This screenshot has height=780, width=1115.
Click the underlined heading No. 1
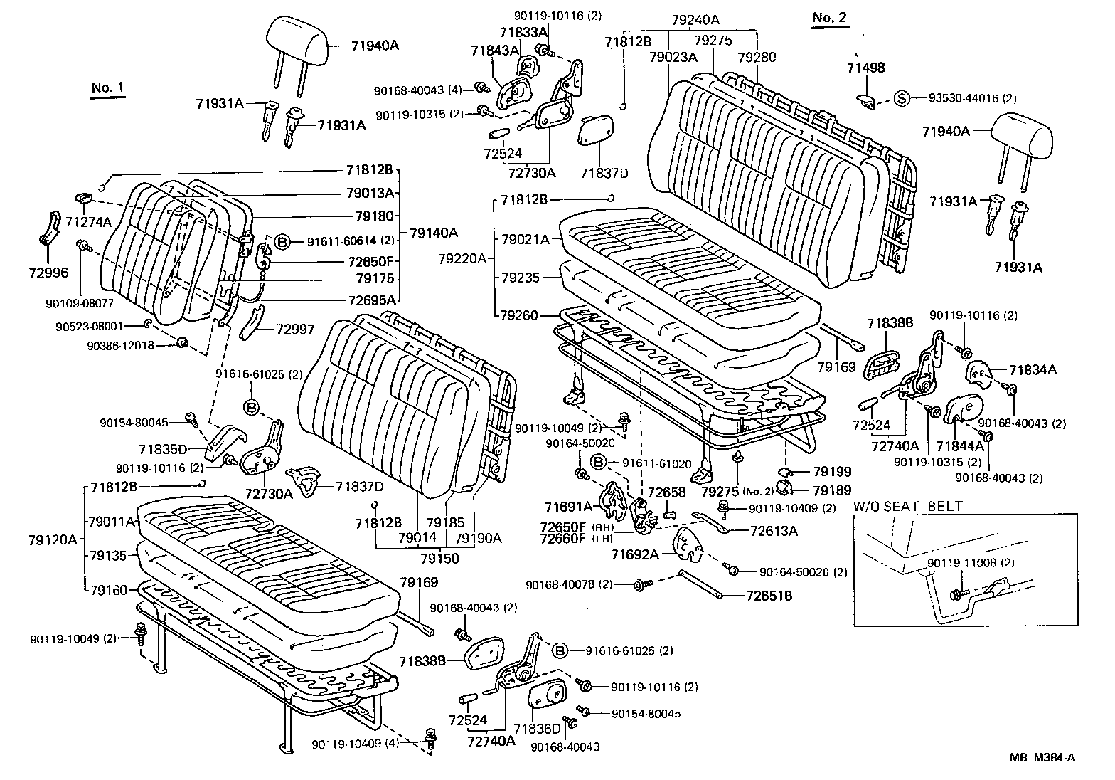107,88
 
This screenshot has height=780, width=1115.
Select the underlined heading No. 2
830,18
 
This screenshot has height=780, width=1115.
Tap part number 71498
865,68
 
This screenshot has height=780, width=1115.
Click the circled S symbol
902,98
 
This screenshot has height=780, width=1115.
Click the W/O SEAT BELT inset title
908,507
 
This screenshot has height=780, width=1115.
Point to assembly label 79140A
433,232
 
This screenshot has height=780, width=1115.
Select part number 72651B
769,596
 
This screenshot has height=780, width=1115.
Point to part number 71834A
1033,369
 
